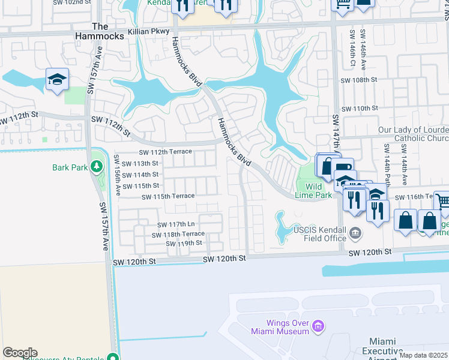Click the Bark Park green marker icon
[96, 166]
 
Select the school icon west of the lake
[57, 80]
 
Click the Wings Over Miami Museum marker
[318, 326]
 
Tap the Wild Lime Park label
[313, 190]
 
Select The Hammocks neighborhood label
[108, 31]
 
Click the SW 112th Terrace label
[166, 152]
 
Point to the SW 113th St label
[140, 163]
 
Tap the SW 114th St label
[140, 175]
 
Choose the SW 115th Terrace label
[168, 196]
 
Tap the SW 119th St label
[184, 243]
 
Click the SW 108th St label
[359, 79]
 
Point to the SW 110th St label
[359, 108]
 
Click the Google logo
[20, 353]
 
